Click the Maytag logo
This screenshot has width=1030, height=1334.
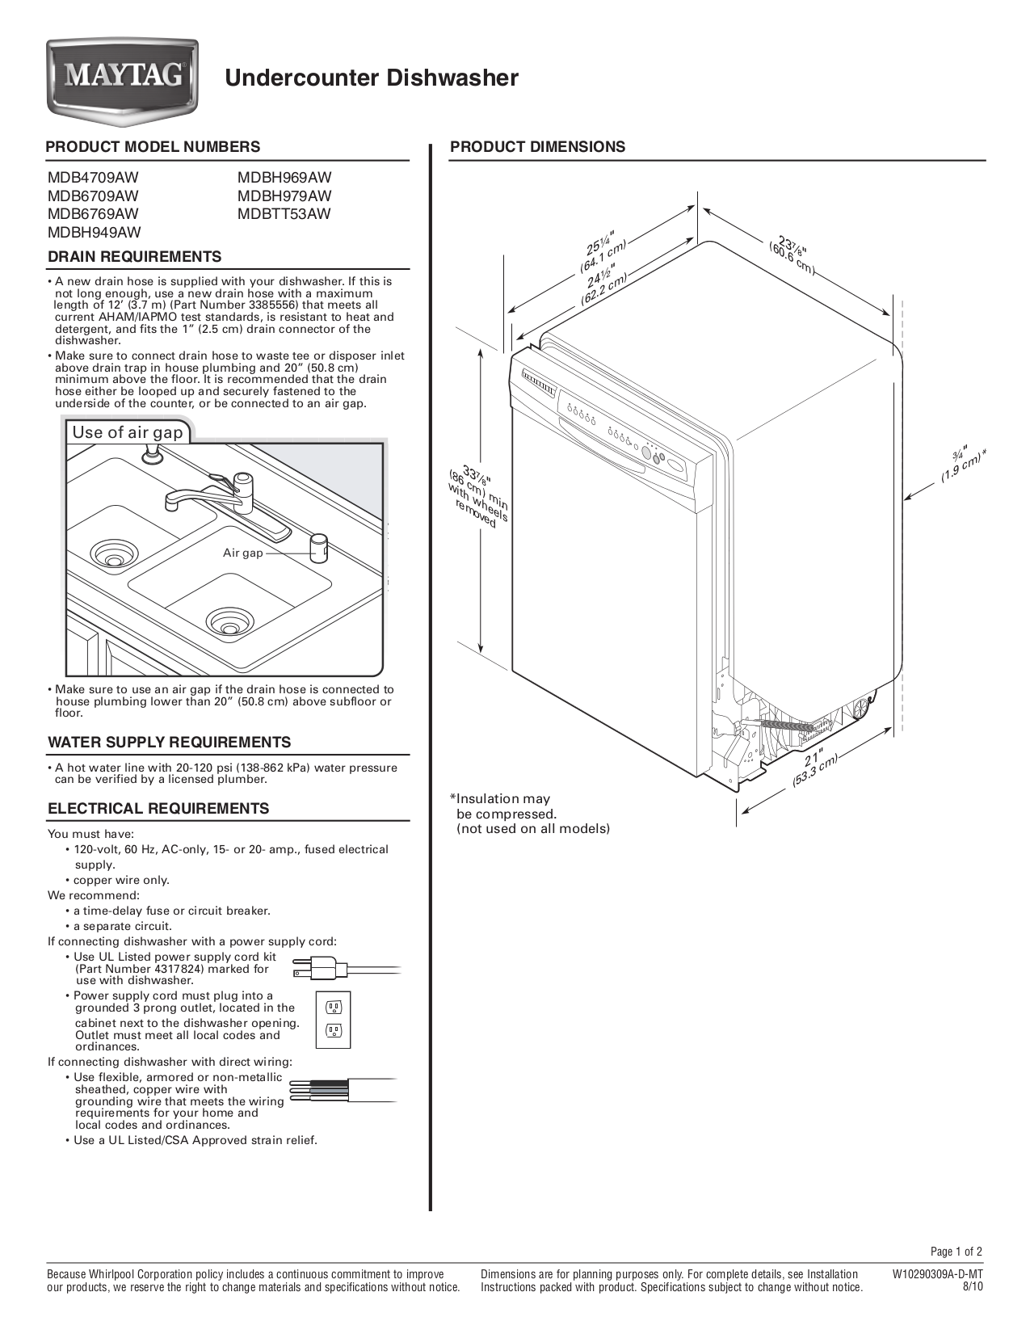[x=121, y=78]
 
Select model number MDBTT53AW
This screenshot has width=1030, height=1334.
[x=284, y=214]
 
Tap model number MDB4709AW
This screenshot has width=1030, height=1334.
[x=93, y=178]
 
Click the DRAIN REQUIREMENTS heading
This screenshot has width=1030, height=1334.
[x=134, y=257]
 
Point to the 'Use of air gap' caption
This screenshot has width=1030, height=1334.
[x=128, y=432]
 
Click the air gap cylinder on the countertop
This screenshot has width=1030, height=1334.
[x=320, y=547]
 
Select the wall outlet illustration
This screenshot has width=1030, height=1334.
[x=334, y=1019]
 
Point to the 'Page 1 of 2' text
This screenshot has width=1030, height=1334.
[x=956, y=1252]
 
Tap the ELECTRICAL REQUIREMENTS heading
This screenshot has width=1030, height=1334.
[x=158, y=809]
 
